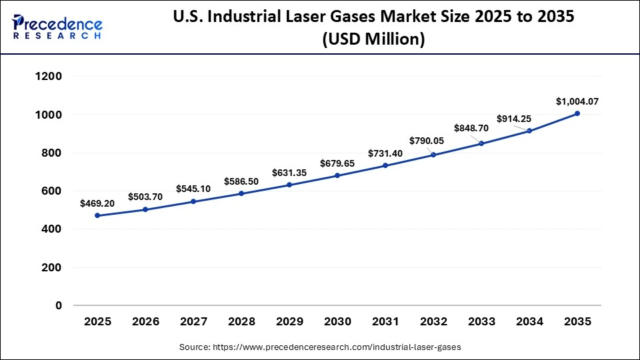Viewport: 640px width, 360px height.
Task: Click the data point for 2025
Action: coord(97,215)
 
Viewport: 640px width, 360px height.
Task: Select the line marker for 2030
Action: coord(337,175)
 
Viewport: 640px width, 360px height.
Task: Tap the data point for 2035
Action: coord(577,113)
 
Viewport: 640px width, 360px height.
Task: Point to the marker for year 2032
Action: coord(433,155)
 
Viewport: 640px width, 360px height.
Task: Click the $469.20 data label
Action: coord(97,203)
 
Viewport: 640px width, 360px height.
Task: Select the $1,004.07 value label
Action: coord(577,101)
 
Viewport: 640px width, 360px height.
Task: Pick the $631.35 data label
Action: coord(289,173)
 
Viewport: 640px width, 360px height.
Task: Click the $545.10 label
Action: coord(193,189)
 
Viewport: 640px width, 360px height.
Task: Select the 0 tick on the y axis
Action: coord(59,306)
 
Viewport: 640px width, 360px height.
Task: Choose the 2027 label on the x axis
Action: coord(193,321)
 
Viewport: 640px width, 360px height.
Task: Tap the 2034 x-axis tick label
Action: coord(529,321)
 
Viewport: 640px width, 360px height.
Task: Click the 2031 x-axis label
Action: coord(385,321)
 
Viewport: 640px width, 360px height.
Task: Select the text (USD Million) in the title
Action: coord(373,40)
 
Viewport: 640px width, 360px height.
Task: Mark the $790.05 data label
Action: coord(433,141)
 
